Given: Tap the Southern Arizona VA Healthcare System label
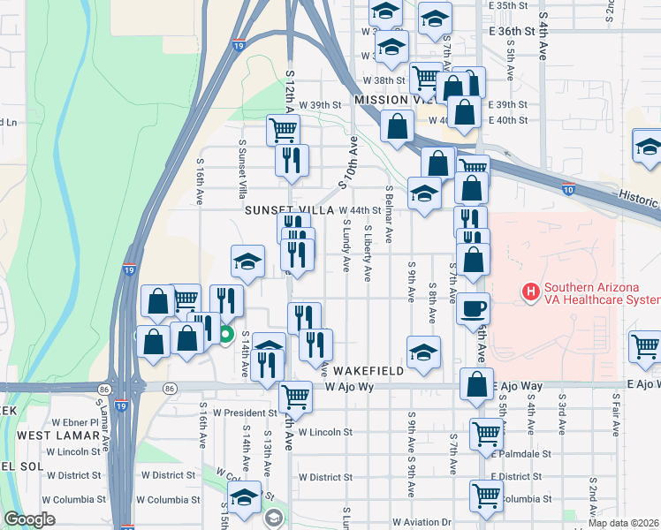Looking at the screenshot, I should tap(601, 293).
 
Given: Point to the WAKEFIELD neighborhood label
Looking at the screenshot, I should tap(368, 371).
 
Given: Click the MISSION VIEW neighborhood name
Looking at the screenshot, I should tap(390, 100).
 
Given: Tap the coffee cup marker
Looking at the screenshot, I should tap(473, 310).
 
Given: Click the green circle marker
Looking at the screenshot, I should tap(225, 334).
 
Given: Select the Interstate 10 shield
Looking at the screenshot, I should tap(568, 188).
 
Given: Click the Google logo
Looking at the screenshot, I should tap(29, 519).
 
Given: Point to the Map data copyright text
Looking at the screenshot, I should tap(623, 523).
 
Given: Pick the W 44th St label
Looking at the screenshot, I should tap(360, 210).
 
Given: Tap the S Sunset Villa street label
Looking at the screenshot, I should tap(241, 168).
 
